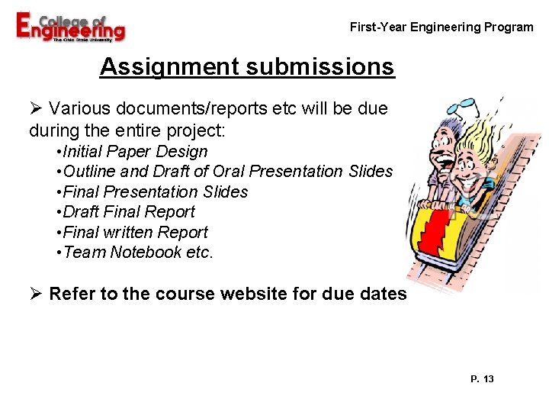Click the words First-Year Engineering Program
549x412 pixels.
[441, 27]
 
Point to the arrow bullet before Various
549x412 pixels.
[35, 109]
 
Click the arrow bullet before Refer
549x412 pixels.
[35, 293]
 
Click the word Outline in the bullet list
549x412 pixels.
[91, 172]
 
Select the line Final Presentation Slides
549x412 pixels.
[156, 192]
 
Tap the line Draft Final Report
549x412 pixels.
[129, 212]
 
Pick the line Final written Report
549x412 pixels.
[136, 232]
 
